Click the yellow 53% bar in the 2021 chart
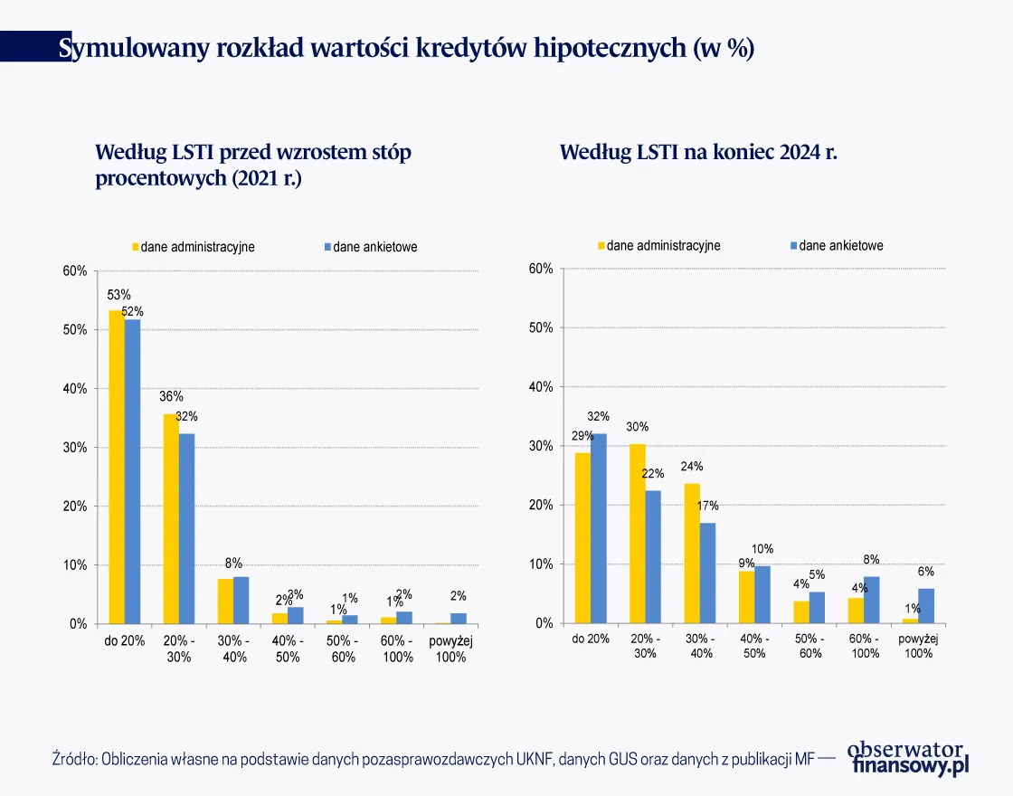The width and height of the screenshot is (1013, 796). (x=117, y=467)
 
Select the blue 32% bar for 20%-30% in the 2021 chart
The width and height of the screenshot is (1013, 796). (x=186, y=528)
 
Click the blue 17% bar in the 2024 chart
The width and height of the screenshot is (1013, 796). (x=707, y=573)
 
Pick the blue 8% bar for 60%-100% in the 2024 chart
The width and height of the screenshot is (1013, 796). (x=871, y=600)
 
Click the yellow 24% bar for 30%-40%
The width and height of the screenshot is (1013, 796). (x=691, y=553)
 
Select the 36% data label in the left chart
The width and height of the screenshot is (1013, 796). (x=171, y=396)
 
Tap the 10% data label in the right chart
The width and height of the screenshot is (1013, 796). (x=762, y=549)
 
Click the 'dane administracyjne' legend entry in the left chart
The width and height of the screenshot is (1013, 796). (x=195, y=247)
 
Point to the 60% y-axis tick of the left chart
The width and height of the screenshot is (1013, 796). (x=75, y=270)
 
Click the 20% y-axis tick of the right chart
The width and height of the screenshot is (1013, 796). (x=540, y=506)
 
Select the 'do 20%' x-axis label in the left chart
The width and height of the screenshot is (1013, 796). (x=123, y=641)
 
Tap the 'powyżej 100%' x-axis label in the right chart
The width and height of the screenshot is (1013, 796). (x=919, y=646)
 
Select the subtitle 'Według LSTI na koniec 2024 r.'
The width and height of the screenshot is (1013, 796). (x=698, y=152)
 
